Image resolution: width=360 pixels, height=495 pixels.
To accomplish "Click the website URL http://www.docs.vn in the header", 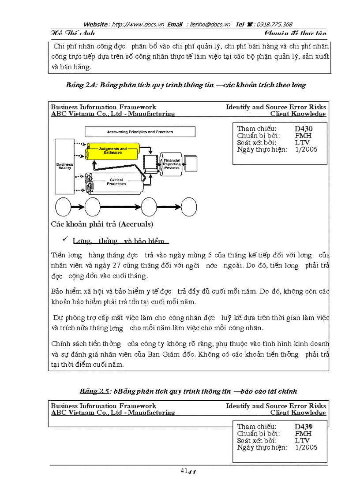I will click(x=137, y=25).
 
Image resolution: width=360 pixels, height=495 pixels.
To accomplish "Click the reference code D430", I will click(x=304, y=129).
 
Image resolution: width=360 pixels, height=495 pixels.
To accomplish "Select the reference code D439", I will click(x=304, y=426).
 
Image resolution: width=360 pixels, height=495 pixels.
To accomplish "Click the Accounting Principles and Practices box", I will click(x=140, y=132).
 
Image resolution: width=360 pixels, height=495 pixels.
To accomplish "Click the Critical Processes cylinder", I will click(x=116, y=182).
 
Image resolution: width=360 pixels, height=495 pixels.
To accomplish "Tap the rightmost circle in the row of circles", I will click(x=189, y=207).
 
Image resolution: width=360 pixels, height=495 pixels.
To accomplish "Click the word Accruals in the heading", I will click(x=135, y=224).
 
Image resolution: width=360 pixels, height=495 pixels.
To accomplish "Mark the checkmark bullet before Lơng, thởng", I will click(x=64, y=239).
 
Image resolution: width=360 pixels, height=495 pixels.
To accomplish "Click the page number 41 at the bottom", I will click(x=184, y=471).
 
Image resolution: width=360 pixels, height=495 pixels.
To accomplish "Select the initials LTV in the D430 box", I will click(x=302, y=142).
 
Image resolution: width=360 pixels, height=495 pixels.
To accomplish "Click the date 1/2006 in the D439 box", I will click(x=306, y=447).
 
